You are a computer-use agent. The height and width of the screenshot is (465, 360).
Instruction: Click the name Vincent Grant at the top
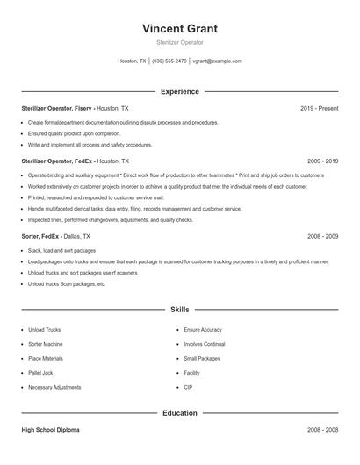(179, 29)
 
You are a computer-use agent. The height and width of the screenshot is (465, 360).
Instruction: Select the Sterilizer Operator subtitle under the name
(179, 42)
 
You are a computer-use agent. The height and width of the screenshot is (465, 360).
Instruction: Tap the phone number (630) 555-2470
(169, 61)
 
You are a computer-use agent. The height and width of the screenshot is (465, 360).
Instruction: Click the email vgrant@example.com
(217, 61)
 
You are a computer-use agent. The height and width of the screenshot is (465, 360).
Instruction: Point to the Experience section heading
(179, 91)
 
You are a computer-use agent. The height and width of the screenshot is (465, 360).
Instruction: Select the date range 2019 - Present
(319, 108)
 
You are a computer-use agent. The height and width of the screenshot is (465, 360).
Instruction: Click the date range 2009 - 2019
(322, 161)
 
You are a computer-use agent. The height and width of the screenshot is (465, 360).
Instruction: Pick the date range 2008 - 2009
(322, 237)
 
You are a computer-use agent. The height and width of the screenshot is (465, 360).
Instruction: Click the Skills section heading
(179, 310)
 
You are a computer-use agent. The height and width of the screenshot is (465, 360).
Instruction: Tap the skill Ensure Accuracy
(203, 330)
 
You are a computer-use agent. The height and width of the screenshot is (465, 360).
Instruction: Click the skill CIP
(188, 387)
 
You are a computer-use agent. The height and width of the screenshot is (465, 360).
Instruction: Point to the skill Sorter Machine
(46, 344)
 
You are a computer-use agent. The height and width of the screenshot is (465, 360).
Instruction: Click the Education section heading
(179, 413)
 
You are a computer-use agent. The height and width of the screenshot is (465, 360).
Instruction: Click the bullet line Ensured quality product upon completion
(74, 133)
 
